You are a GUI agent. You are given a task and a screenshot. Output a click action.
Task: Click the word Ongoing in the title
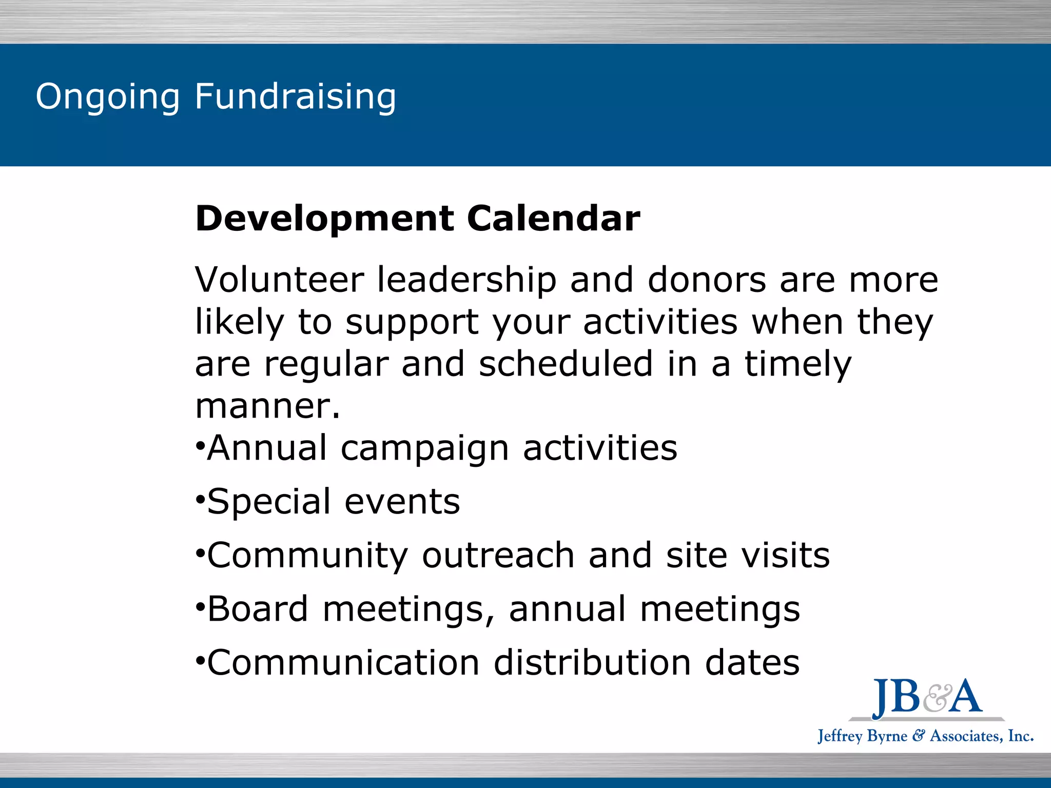[x=108, y=97]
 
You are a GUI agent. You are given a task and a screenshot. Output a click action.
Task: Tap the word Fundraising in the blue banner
[x=295, y=97]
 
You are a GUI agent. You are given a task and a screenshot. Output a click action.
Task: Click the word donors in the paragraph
[x=707, y=280]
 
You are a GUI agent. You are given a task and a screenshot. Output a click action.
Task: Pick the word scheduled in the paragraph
[x=566, y=364]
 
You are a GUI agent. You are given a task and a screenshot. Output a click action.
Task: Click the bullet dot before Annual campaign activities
[x=200, y=444]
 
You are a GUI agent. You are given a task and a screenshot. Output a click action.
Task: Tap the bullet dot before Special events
[x=200, y=498]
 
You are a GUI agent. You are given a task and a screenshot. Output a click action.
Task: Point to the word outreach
[x=498, y=556]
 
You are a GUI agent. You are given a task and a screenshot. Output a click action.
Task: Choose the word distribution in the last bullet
[x=592, y=662]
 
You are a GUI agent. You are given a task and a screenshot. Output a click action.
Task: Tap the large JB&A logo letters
[x=927, y=698]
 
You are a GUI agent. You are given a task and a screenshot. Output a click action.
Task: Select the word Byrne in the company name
[x=887, y=737]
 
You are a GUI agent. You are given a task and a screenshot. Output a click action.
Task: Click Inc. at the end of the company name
[x=1020, y=736]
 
